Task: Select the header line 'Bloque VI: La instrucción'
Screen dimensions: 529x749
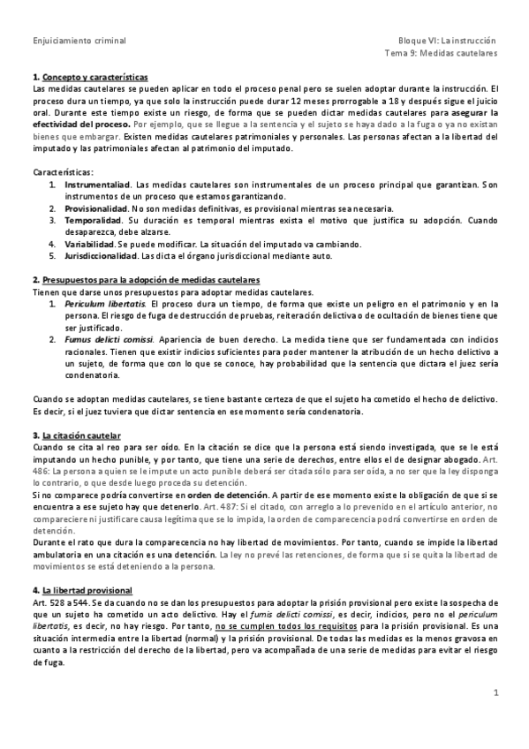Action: tap(447, 41)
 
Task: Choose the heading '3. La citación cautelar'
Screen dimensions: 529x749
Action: tap(76, 436)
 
